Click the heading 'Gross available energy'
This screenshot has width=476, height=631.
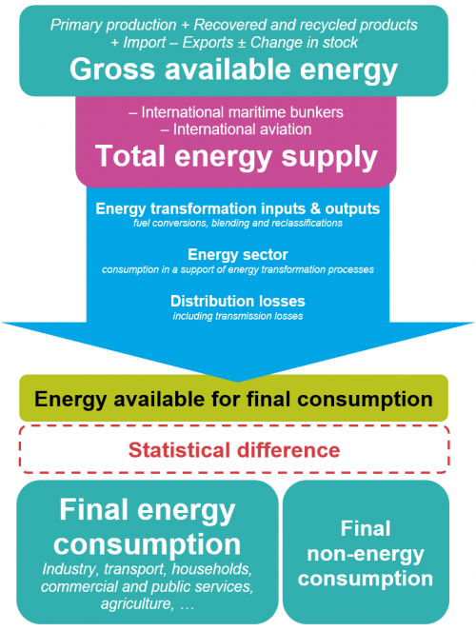[x=234, y=70]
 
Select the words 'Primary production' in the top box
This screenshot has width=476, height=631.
[x=113, y=25]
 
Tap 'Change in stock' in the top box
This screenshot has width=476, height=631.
[x=304, y=42]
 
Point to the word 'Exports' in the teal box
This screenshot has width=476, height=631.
[x=208, y=43]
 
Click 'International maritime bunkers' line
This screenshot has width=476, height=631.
[x=236, y=112]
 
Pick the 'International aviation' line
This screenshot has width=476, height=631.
[x=236, y=129]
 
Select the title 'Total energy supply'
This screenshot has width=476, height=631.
[x=236, y=157]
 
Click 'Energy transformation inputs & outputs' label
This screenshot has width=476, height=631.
[x=238, y=208]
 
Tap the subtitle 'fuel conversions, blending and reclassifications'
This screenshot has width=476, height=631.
[x=238, y=224]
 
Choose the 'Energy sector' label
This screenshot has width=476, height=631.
[x=238, y=255]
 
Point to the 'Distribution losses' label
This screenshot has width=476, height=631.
[x=238, y=301]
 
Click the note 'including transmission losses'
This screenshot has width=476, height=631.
[x=238, y=316]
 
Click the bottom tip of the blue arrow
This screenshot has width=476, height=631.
[x=238, y=382]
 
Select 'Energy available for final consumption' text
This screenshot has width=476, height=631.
[x=234, y=399]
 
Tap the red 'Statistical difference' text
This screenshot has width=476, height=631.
[x=234, y=450]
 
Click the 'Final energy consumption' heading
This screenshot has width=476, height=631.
[x=148, y=527]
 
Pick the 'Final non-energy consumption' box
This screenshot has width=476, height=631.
[x=366, y=552]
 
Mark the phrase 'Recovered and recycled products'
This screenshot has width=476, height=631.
[x=306, y=25]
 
